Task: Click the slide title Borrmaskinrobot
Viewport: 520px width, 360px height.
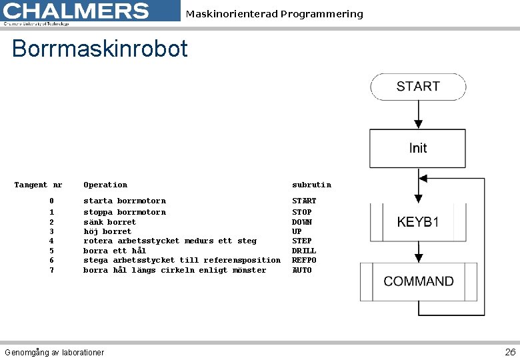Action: pyautogui.click(x=100, y=49)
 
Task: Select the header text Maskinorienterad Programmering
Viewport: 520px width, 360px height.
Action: pyautogui.click(x=274, y=14)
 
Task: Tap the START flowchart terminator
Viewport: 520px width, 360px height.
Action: pyautogui.click(x=418, y=87)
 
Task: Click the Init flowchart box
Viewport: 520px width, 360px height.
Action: pyautogui.click(x=418, y=148)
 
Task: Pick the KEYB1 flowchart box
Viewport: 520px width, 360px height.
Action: pyautogui.click(x=418, y=222)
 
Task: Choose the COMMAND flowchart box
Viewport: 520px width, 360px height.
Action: pyautogui.click(x=418, y=281)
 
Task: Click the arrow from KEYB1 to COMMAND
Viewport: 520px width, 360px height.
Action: pyautogui.click(x=418, y=252)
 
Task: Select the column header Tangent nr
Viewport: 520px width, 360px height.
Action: pyautogui.click(x=38, y=185)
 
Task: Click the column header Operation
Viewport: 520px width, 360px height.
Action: pyautogui.click(x=105, y=185)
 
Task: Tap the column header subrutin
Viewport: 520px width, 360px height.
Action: pyautogui.click(x=311, y=185)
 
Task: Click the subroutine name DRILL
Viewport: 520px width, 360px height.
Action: pyautogui.click(x=304, y=251)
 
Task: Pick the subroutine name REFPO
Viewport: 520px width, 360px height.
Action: pyautogui.click(x=304, y=260)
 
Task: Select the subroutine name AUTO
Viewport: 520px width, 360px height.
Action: pyautogui.click(x=301, y=270)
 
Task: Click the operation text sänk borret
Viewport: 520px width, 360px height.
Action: pyautogui.click(x=109, y=222)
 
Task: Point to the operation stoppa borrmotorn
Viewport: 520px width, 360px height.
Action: pyautogui.click(x=124, y=212)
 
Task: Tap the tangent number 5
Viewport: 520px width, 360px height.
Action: pyautogui.click(x=51, y=251)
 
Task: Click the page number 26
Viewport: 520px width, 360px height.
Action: pyautogui.click(x=510, y=352)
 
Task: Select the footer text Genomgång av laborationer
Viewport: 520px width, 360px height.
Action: pyautogui.click(x=54, y=352)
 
